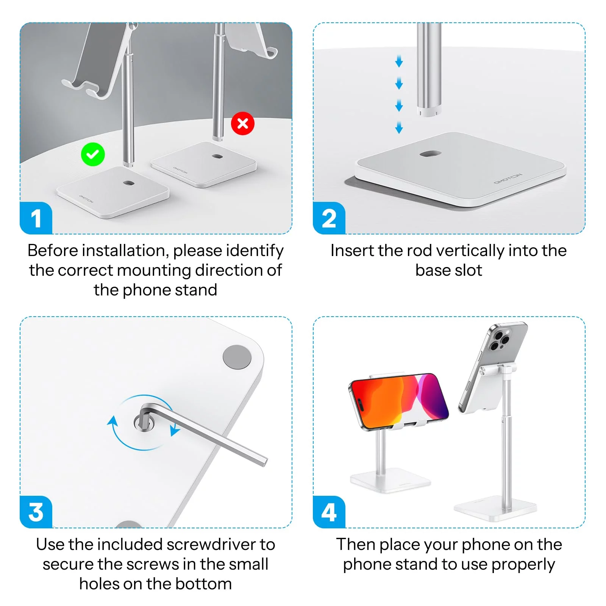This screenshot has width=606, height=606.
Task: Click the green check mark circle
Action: [93, 154]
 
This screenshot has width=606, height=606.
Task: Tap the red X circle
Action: [243, 123]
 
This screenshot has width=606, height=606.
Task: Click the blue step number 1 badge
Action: [36, 218]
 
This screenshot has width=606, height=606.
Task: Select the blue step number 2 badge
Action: [329, 218]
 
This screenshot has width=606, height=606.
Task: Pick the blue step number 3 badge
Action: [36, 512]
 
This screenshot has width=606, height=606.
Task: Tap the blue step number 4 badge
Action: [329, 512]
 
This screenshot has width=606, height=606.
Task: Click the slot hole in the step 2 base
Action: [430, 154]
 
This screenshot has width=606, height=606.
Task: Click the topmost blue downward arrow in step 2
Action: [399, 61]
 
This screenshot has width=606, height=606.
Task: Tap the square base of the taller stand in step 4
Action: [495, 509]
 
